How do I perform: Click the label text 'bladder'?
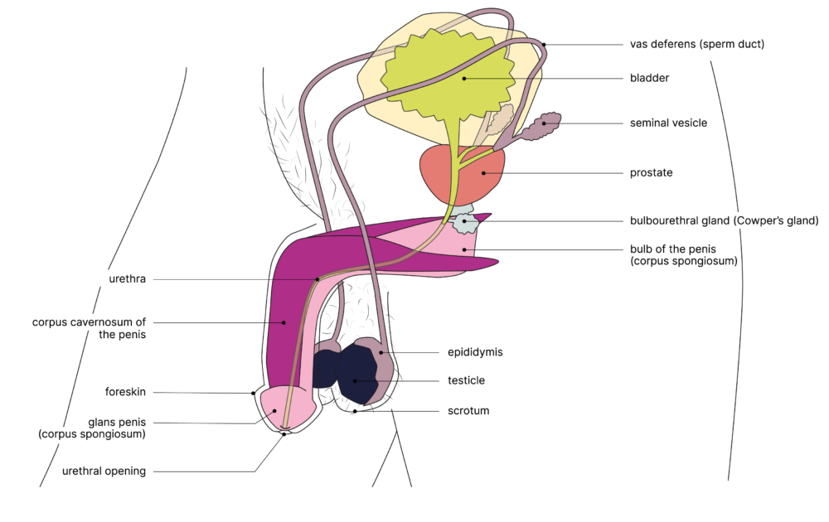coord(649,79)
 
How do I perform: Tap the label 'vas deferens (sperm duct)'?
coord(696,45)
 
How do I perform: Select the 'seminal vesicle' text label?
coord(668,123)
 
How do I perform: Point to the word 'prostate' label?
coord(651,173)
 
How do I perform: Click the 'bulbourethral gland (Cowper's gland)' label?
coord(724,221)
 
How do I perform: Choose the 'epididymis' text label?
coord(475,352)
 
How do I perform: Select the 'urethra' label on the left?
coord(127,279)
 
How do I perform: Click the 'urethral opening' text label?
coord(104,471)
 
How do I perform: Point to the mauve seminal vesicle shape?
coord(542,125)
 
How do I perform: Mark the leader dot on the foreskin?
coord(254,393)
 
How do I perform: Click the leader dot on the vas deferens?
coord(545,45)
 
